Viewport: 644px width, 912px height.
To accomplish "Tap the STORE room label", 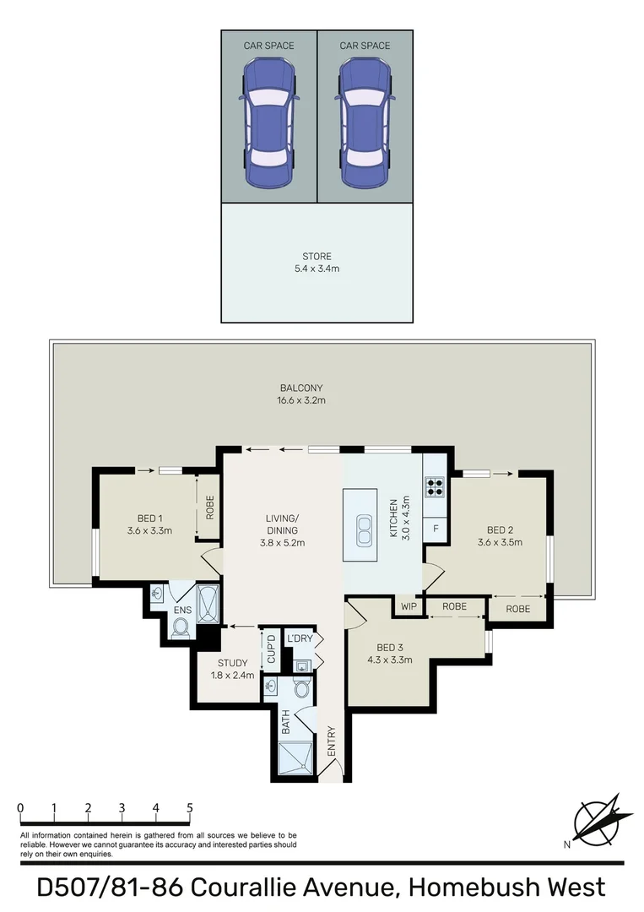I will pos(317,256).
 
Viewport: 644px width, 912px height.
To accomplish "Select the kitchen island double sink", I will pos(365,530).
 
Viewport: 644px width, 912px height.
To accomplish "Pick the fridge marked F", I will pos(436,529).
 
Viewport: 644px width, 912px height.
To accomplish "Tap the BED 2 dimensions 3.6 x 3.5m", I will pos(500,542).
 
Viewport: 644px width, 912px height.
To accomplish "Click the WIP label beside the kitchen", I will pos(409,606).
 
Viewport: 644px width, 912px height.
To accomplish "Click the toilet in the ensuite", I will pos(179,627).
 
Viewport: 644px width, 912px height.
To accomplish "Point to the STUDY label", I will pos(232,663).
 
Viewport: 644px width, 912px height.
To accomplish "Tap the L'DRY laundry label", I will pos(300,639).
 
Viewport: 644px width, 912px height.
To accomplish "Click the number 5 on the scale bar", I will pos(190,807).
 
